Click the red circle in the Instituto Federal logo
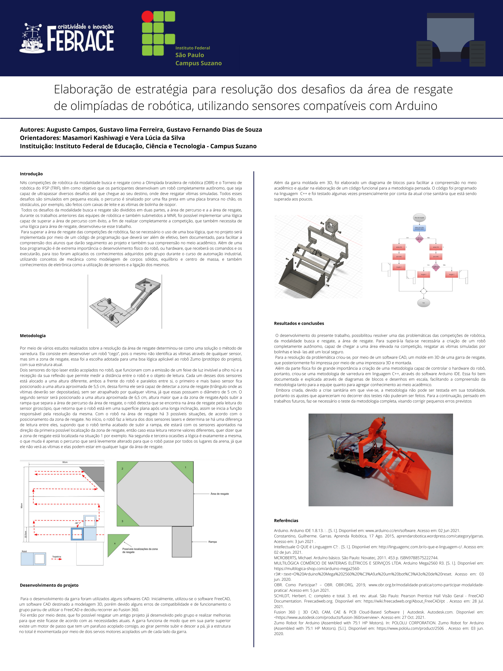(x=148, y=16)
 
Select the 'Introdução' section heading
(x=31, y=174)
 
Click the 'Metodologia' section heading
(x=33, y=336)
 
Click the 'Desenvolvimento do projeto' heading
(x=49, y=585)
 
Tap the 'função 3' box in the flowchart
(x=451, y=274)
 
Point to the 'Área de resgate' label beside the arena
(x=219, y=494)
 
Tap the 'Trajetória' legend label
(x=56, y=557)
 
